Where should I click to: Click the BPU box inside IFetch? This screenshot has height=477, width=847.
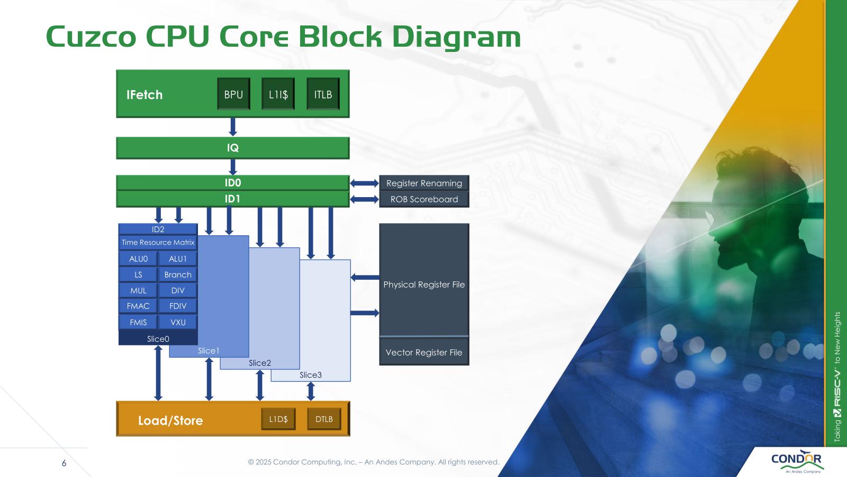233,94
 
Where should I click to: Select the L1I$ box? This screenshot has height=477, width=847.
278,94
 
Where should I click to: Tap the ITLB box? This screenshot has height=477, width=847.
323,94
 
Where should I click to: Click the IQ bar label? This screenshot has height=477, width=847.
233,148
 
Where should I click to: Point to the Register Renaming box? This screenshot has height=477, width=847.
424,183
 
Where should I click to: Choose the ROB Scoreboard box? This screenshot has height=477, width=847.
424,199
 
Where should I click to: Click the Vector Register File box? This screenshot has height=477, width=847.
424,352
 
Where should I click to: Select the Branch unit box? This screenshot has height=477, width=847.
178,275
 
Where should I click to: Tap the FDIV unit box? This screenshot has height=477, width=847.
178,306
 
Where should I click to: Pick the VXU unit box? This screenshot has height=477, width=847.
178,322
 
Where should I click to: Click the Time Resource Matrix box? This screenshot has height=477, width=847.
158,242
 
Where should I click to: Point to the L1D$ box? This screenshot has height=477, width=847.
278,419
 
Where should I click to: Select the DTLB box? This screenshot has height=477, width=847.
324,419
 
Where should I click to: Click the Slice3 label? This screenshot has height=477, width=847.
311,375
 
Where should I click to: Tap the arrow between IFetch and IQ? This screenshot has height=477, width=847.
232,127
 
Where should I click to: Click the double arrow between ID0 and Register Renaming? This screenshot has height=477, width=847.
364,183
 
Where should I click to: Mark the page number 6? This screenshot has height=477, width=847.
64,463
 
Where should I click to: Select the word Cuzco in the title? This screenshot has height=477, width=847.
91,37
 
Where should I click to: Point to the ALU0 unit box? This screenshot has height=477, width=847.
138,259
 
